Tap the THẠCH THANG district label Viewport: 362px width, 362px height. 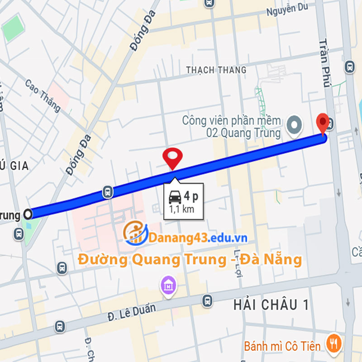tap(216, 70)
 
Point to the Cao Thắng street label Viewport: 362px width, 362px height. tap(43, 95)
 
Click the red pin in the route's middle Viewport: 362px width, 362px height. tap(172, 157)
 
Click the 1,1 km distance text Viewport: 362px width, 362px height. tap(181, 210)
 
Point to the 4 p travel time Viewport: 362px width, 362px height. tap(191, 197)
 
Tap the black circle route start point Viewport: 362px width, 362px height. tap(29, 214)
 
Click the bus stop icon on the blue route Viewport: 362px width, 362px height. tap(108, 192)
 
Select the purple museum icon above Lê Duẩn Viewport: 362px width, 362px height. tap(168, 286)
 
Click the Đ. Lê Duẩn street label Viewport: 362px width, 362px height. tap(131, 312)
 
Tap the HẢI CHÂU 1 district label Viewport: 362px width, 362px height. tap(271, 305)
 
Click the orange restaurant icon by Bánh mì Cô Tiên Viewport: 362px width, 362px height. tap(335, 343)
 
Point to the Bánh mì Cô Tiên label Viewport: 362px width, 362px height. tap(282, 347)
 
